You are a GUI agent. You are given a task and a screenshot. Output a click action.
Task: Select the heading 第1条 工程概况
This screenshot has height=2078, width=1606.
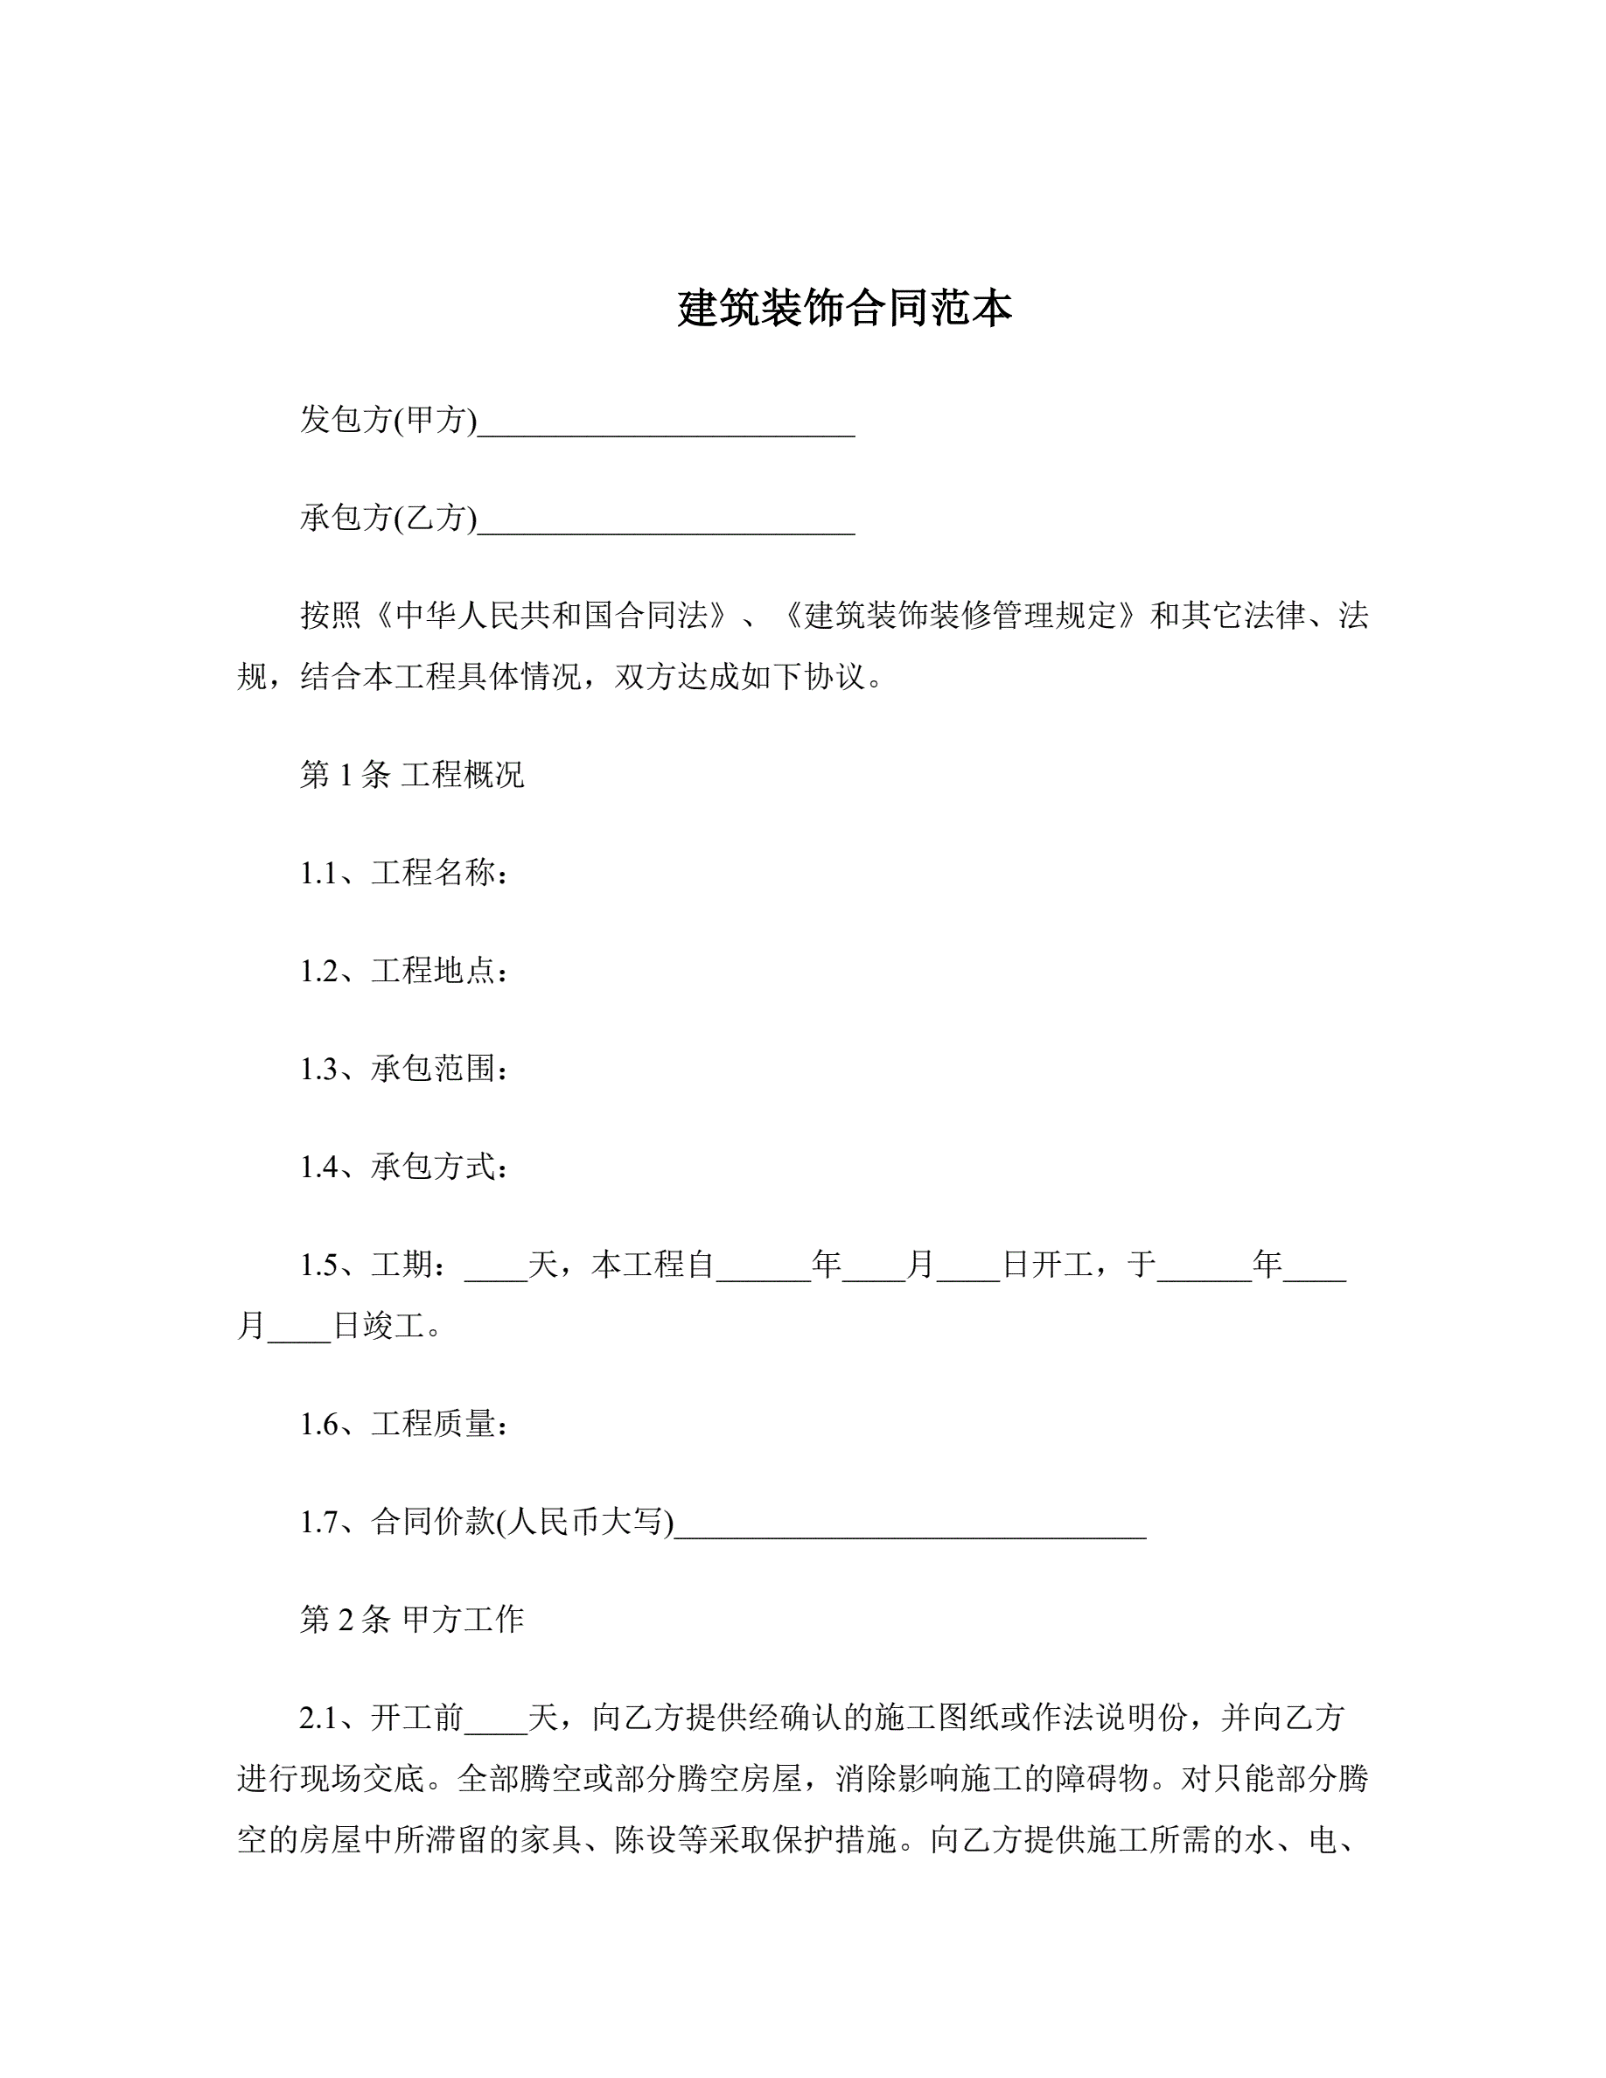coord(411,775)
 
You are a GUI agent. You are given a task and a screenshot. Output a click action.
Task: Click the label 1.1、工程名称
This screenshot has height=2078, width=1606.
coord(403,873)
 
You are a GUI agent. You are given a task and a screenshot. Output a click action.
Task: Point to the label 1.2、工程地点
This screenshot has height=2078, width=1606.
coord(403,971)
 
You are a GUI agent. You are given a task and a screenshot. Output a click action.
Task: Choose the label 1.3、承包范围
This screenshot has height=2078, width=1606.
coord(403,1069)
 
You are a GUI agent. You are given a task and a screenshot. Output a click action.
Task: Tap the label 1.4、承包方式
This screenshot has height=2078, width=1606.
coord(403,1167)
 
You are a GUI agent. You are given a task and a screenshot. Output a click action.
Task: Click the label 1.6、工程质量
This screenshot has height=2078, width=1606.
coord(403,1424)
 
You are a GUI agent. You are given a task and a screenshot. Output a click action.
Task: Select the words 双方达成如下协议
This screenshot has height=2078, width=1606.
coord(741,677)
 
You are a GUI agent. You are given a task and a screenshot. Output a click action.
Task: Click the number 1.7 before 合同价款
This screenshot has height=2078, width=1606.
coord(319,1523)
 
